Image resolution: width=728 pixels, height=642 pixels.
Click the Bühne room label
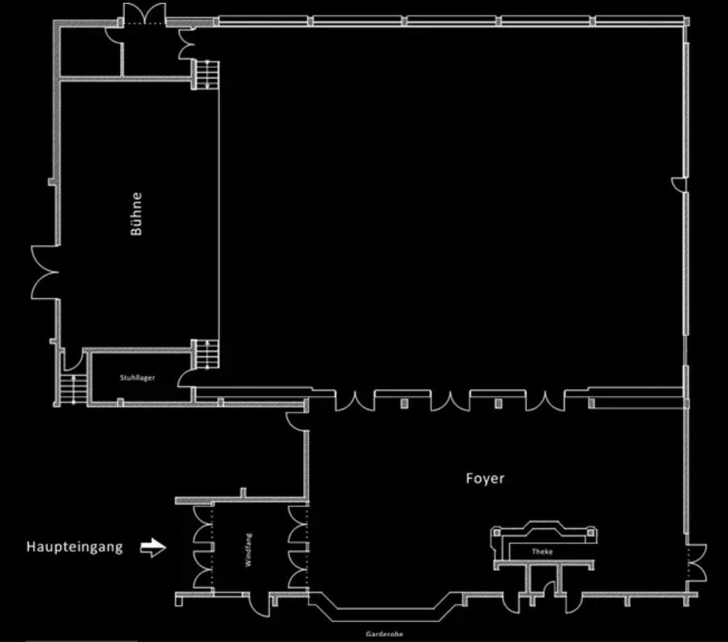(x=136, y=214)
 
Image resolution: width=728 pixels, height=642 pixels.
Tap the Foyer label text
(x=484, y=479)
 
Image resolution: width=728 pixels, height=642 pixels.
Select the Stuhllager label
(x=138, y=378)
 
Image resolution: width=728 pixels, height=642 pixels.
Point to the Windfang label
(x=248, y=550)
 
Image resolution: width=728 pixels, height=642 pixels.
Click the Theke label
(x=542, y=551)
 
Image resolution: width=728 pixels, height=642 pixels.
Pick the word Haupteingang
(x=75, y=547)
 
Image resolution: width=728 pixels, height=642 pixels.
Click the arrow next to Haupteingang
(x=154, y=547)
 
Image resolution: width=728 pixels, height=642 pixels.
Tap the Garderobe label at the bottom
(x=384, y=634)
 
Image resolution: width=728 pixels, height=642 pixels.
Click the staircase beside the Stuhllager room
(x=73, y=389)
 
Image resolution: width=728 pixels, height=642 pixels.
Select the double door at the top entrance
(x=144, y=14)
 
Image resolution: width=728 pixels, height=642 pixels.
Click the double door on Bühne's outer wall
(x=45, y=272)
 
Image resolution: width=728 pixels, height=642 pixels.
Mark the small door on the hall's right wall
(x=678, y=184)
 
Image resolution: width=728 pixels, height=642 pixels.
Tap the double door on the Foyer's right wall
(x=697, y=562)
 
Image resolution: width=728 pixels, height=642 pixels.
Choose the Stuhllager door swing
(x=186, y=379)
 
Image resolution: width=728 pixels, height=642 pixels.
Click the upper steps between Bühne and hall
(x=207, y=74)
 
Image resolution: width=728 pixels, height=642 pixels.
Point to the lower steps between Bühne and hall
(x=207, y=353)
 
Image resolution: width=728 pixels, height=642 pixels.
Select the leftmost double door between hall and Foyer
(x=355, y=402)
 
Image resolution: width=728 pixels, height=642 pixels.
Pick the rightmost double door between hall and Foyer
(x=545, y=402)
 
